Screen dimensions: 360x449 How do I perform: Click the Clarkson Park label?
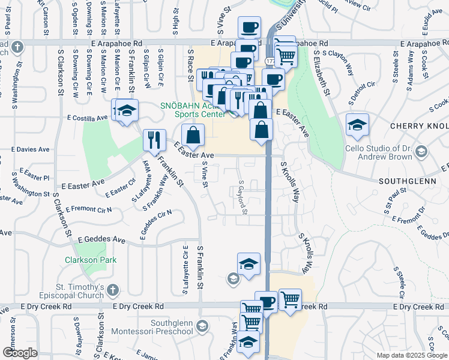[91, 260]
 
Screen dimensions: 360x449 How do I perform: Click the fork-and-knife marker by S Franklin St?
[154, 140]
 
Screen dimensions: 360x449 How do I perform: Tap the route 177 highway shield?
[271, 61]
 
